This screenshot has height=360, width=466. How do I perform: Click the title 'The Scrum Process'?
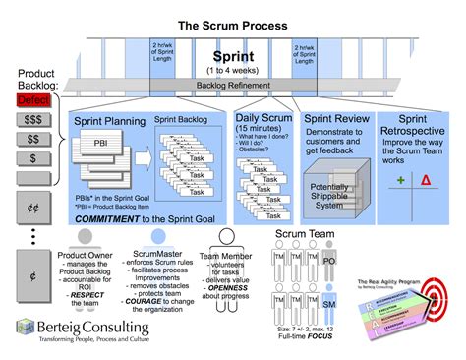click(x=232, y=24)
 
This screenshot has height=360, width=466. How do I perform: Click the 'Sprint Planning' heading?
click(x=112, y=122)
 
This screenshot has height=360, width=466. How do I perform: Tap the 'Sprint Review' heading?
click(x=337, y=118)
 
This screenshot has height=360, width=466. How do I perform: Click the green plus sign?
click(x=400, y=180)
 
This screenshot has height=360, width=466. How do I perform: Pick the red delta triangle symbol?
click(x=426, y=180)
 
